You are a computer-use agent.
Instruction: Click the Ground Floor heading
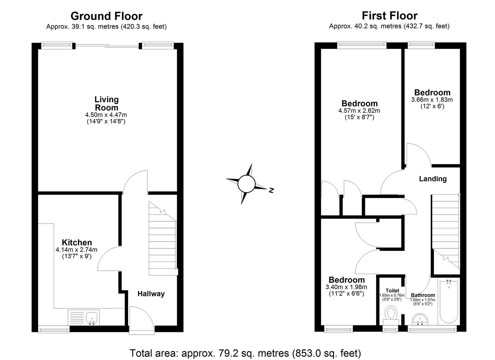click(x=106, y=16)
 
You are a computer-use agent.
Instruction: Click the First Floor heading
click(x=389, y=16)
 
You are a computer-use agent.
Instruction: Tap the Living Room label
click(x=106, y=103)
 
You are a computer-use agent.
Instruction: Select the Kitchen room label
click(x=77, y=242)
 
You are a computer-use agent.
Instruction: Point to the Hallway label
click(x=151, y=294)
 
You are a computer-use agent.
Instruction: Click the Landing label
click(x=432, y=179)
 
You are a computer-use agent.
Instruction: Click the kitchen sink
click(x=92, y=317)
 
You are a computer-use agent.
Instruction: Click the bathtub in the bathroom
click(x=449, y=302)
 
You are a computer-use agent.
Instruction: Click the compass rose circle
click(x=246, y=183)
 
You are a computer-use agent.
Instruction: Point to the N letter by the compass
click(x=271, y=191)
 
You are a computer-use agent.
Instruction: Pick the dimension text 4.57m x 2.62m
click(x=359, y=111)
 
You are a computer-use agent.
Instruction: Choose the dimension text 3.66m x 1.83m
click(x=432, y=100)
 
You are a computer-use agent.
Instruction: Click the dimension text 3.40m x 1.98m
click(x=346, y=287)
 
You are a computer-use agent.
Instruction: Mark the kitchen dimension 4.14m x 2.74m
click(x=77, y=250)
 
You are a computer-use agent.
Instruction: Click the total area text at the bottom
click(x=245, y=353)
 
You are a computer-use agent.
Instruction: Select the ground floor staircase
click(x=162, y=240)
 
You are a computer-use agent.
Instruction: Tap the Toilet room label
click(x=392, y=291)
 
